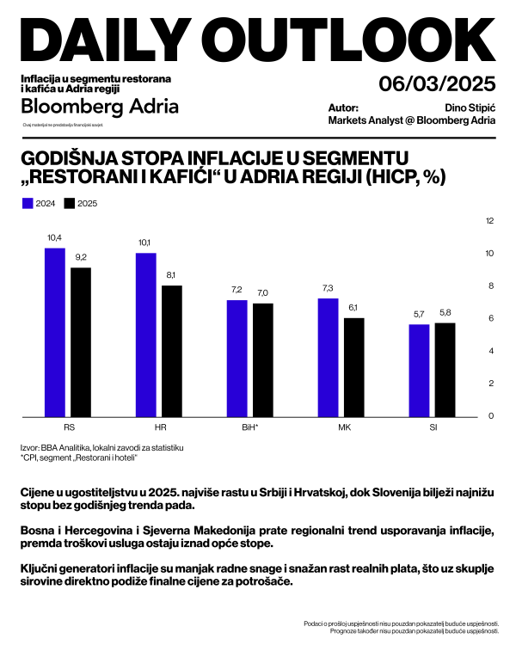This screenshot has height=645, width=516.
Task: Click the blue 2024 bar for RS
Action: (x=54, y=331)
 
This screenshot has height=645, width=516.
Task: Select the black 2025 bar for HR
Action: (x=172, y=350)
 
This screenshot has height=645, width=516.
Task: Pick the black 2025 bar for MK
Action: (x=354, y=366)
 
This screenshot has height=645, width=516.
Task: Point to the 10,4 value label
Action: (x=54, y=236)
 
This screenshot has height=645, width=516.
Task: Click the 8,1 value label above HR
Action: (x=172, y=274)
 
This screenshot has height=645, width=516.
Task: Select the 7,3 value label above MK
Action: (x=328, y=287)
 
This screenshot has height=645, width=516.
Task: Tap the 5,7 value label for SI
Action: (x=419, y=313)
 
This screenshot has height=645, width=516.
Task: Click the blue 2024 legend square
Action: (x=27, y=204)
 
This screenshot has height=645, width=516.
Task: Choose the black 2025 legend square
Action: (x=70, y=204)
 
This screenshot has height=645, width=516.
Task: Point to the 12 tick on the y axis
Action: (x=489, y=221)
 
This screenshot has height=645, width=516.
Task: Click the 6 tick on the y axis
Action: (x=489, y=318)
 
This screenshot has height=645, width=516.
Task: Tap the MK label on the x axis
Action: (x=341, y=426)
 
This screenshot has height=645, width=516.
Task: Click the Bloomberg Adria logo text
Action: (x=100, y=107)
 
